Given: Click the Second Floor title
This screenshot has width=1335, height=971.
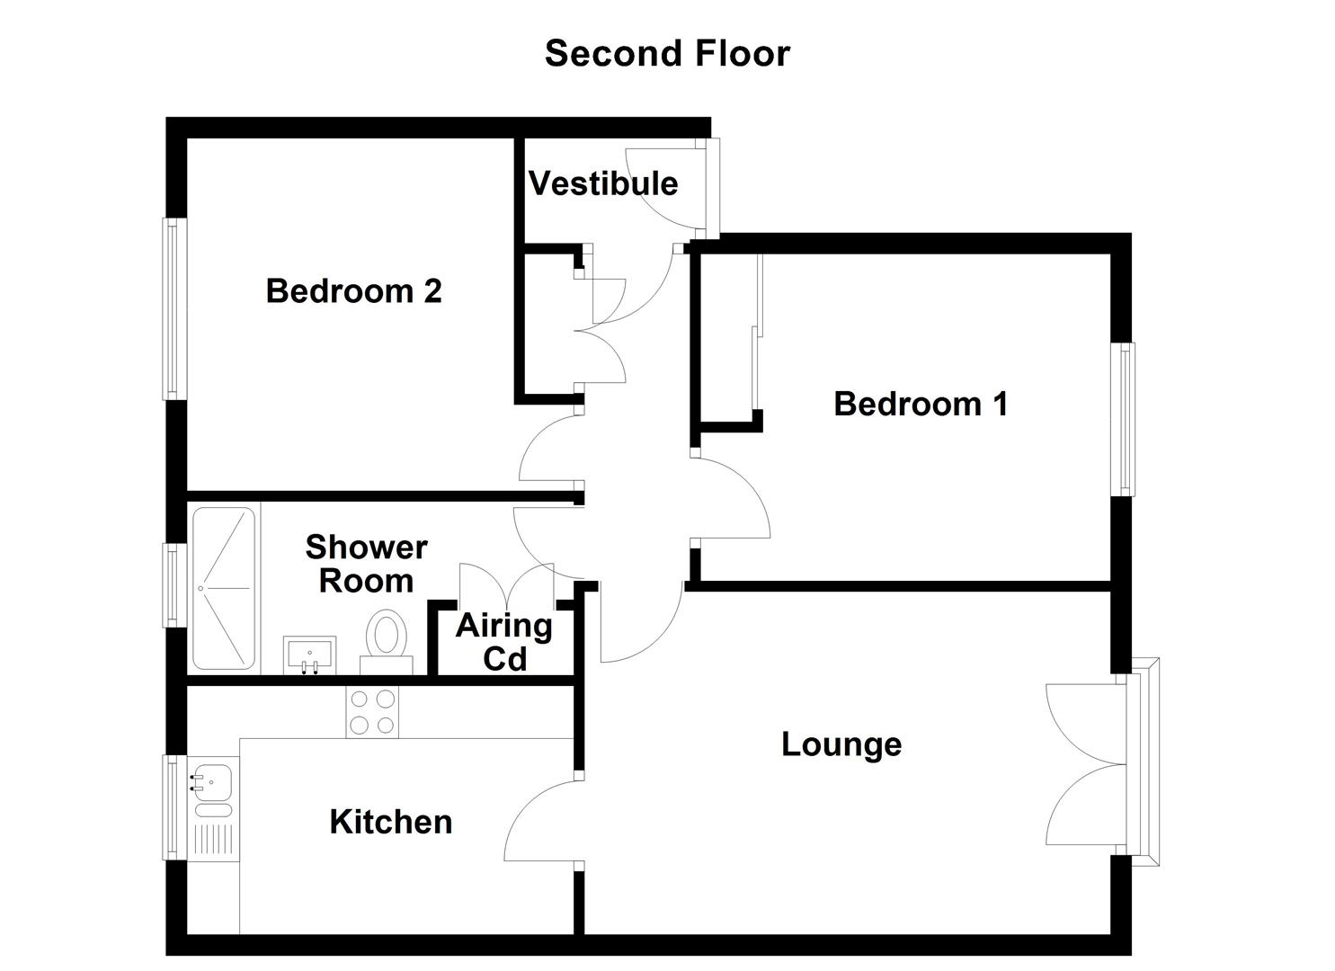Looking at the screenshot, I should [667, 54].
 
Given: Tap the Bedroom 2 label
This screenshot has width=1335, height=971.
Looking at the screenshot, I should [353, 291].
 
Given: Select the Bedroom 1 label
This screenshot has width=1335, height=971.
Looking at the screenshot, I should [921, 404].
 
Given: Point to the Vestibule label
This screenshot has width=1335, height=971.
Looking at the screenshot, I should [603, 183].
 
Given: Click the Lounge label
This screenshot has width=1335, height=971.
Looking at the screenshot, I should [841, 744].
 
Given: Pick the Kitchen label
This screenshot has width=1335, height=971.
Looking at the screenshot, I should [391, 822].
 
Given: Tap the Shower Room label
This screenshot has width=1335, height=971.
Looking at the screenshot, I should [366, 564].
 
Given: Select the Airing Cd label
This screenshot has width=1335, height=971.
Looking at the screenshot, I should [504, 642].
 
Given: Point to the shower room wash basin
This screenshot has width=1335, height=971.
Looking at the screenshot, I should [309, 654].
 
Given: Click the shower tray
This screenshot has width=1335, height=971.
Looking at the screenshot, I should [224, 588].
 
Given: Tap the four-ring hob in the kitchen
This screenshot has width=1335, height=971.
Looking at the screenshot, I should [372, 712].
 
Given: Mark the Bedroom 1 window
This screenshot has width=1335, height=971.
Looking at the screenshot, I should [1124, 419].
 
